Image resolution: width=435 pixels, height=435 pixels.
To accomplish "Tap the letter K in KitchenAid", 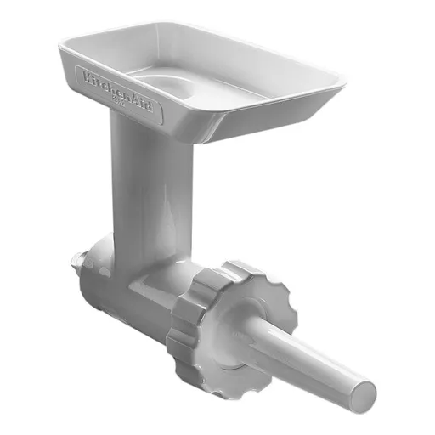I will coord(86,76).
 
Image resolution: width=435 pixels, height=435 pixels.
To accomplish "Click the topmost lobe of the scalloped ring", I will coord(242,270).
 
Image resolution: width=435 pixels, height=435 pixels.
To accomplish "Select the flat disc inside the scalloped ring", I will coord(242,327).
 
